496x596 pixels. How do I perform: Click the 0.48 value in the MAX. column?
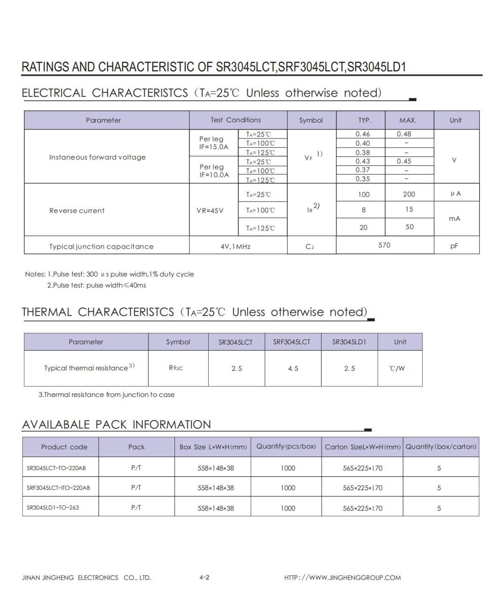point(404,134)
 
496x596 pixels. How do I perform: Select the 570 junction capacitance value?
point(384,245)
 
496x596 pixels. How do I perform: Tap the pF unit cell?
point(454,246)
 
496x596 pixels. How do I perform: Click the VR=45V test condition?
point(210,211)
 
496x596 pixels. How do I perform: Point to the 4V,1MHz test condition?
point(235,246)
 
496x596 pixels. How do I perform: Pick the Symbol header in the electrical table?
point(311,120)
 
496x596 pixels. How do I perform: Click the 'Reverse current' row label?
point(77,211)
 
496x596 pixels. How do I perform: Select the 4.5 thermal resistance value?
point(293,368)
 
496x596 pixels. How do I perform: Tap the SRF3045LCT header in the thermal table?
point(292,342)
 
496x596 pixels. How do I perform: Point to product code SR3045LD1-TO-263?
point(53,508)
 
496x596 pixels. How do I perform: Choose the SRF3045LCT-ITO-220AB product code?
point(58,488)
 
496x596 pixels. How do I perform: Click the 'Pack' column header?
point(137,447)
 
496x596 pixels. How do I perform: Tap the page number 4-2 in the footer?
point(204,577)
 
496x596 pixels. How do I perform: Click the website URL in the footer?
point(343,578)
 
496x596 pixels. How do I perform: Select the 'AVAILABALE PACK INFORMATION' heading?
point(117,425)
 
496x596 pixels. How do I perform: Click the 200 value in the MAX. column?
point(408,194)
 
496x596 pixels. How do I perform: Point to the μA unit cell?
point(455,194)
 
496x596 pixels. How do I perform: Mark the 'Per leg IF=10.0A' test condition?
point(214,171)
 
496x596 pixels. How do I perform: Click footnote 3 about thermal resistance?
point(107,395)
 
